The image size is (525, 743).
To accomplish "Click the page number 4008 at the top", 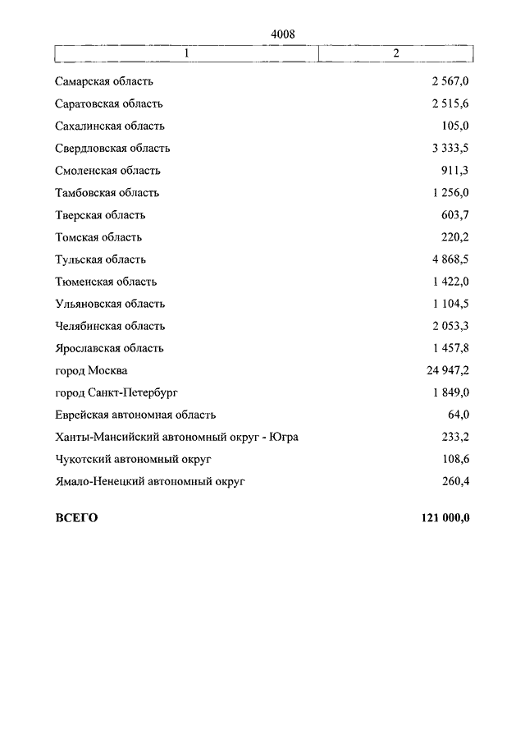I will pyautogui.click(x=281, y=34).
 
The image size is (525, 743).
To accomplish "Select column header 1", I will pyautogui.click(x=187, y=53).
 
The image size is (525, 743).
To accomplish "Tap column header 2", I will pyautogui.click(x=395, y=53).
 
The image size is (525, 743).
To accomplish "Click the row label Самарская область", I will pyautogui.click(x=104, y=82).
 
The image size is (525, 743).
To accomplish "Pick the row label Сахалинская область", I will pyautogui.click(x=110, y=126).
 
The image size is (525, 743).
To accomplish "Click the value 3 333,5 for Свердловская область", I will pyautogui.click(x=450, y=149).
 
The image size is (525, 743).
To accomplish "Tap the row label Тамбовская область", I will pyautogui.click(x=107, y=193).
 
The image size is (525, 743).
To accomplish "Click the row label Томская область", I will pyautogui.click(x=98, y=237).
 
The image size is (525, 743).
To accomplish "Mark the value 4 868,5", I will pyautogui.click(x=450, y=259).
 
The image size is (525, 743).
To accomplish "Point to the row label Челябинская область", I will pyautogui.click(x=110, y=326).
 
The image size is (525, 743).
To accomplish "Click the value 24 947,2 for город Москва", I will pyautogui.click(x=447, y=370).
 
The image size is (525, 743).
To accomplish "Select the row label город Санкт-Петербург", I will pyautogui.click(x=116, y=392).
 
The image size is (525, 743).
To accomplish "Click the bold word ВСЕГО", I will pyautogui.click(x=76, y=517).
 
